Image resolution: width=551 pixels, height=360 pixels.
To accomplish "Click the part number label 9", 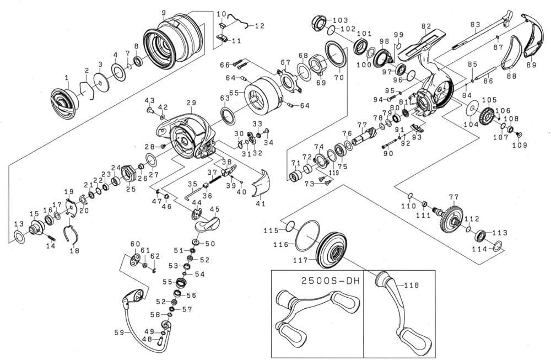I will point(164,13).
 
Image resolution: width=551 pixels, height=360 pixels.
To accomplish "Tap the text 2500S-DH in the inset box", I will point(330,281).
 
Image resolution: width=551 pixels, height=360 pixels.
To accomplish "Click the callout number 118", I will point(411,286).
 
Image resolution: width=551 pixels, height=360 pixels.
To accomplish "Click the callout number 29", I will point(191,103).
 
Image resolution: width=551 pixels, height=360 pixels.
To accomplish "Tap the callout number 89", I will point(531,65).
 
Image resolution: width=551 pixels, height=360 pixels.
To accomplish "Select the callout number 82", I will point(425,26).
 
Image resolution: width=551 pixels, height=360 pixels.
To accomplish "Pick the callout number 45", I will point(214,209).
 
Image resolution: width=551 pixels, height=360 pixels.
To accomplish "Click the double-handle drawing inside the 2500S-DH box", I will point(317,316).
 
